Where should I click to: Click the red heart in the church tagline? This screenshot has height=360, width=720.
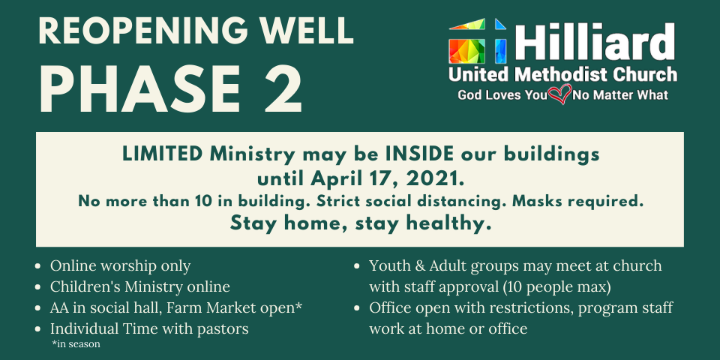pyautogui.click(x=559, y=94)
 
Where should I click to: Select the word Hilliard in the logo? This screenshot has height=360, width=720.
pyautogui.click(x=595, y=42)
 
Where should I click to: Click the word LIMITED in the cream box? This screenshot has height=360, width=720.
pyautogui.click(x=162, y=154)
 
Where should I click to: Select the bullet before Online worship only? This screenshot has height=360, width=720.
pyautogui.click(x=40, y=266)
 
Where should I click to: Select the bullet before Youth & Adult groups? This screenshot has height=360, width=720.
pyautogui.click(x=358, y=266)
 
